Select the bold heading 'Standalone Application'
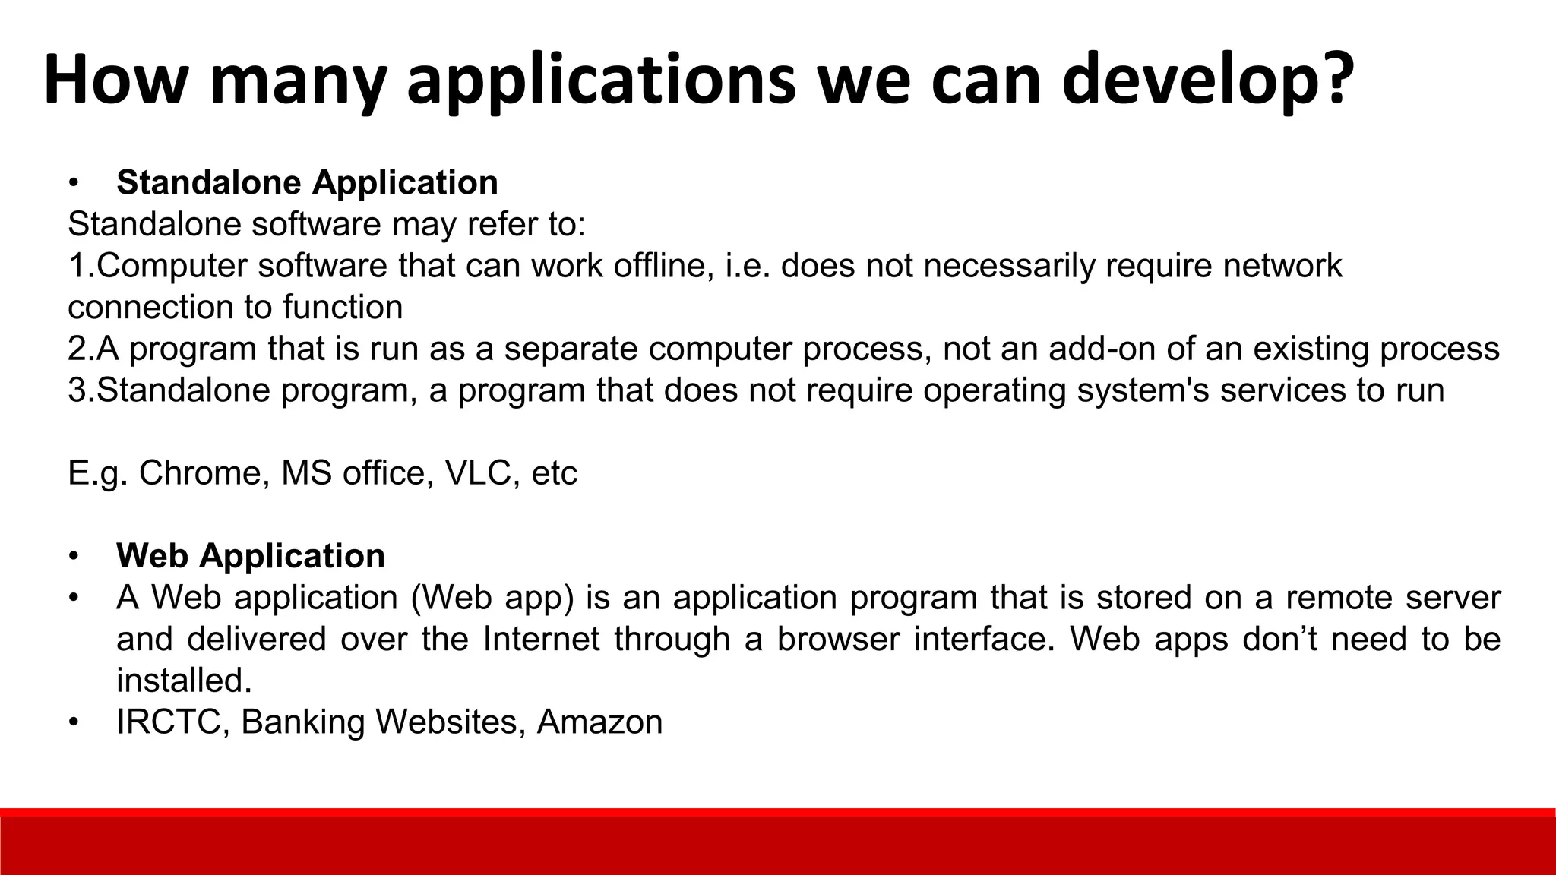tap(307, 183)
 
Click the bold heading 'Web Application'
tap(251, 556)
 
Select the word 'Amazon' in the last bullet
tap(599, 722)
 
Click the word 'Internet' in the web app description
tap(542, 639)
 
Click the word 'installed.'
tap(184, 681)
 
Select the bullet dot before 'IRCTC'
tap(73, 722)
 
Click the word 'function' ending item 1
tap(343, 308)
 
